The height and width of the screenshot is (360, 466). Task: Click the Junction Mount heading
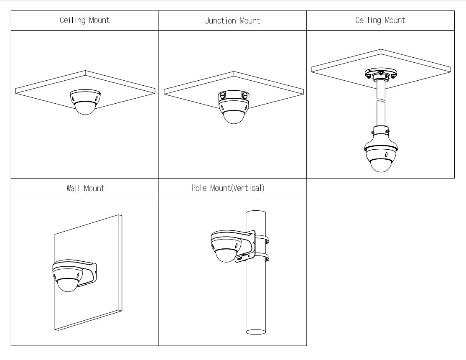point(232,20)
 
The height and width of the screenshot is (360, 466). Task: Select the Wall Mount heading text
point(86,188)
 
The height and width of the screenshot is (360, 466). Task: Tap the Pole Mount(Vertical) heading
point(228,188)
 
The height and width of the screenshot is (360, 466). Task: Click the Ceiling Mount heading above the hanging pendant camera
point(380,20)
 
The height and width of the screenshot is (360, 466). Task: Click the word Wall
point(73,188)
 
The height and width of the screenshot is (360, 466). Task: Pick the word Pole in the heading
point(199,188)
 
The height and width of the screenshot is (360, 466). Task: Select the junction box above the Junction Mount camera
point(234,96)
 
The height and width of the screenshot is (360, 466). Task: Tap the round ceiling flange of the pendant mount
point(381,73)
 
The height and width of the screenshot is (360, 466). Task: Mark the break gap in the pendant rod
point(381,100)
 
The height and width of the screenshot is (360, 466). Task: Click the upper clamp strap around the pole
point(262,239)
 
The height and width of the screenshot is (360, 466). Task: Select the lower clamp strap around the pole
point(262,257)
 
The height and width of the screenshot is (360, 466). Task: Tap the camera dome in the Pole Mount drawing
point(226,255)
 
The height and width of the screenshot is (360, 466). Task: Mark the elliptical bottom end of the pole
point(256,332)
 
